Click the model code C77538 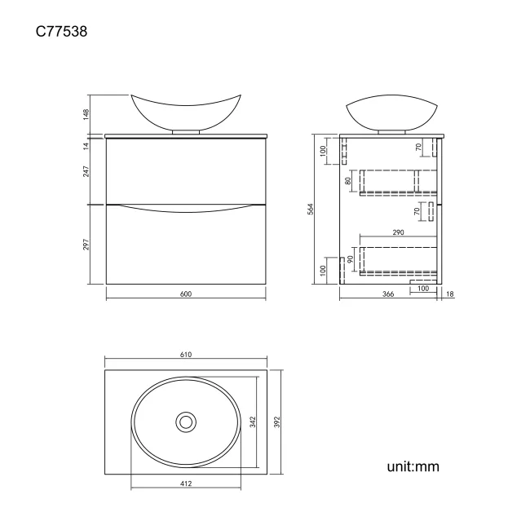[x=61, y=33]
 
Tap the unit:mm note [x=413, y=467]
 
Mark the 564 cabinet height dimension [x=311, y=209]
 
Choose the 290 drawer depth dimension [x=398, y=233]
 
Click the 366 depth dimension [x=388, y=295]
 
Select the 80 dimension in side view [x=349, y=181]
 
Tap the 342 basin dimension [x=254, y=422]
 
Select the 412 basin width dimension [x=185, y=484]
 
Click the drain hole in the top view [x=186, y=422]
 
